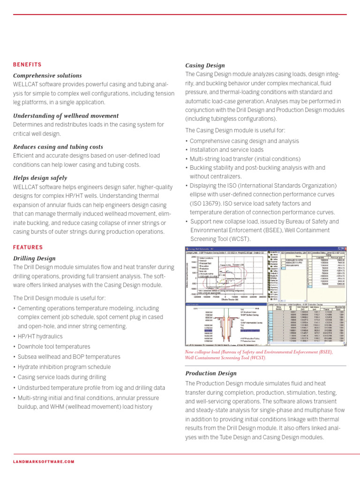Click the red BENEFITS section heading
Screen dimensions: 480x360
click(x=27, y=65)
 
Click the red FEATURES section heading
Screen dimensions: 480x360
click(x=28, y=247)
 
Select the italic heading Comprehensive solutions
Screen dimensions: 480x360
click(x=47, y=75)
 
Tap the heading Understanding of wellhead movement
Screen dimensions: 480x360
click(x=66, y=116)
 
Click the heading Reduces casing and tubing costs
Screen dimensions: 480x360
click(x=60, y=147)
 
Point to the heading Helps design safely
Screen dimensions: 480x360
click(x=40, y=178)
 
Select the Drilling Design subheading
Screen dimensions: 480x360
click(x=34, y=258)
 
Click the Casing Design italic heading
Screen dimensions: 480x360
click(x=205, y=66)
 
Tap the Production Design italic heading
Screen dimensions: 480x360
click(x=211, y=373)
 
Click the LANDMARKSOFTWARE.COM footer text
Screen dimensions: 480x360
click(x=44, y=462)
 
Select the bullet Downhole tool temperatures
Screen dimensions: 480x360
click(x=53, y=346)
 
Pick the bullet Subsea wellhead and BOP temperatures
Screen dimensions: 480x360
click(x=69, y=357)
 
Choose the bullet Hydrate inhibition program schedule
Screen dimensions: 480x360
click(x=64, y=367)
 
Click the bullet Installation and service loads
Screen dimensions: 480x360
click(x=226, y=150)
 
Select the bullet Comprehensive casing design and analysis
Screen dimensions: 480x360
click(x=244, y=141)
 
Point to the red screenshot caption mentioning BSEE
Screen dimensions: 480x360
click(x=259, y=354)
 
